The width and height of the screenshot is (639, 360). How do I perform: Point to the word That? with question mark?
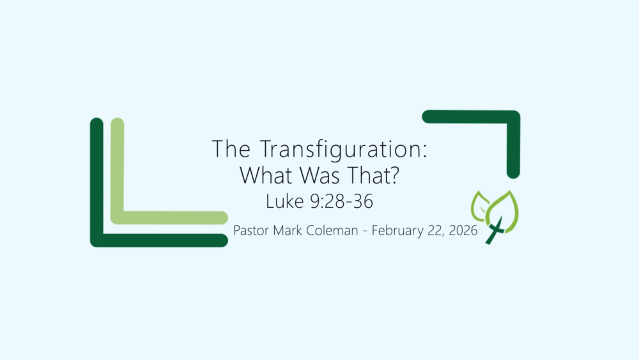tap(373, 175)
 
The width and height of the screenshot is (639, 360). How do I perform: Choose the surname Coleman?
tap(334, 230)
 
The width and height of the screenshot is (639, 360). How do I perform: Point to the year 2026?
tap(461, 230)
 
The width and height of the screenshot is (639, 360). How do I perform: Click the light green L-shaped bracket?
tap(118, 192)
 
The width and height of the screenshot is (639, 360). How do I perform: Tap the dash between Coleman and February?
tap(365, 231)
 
